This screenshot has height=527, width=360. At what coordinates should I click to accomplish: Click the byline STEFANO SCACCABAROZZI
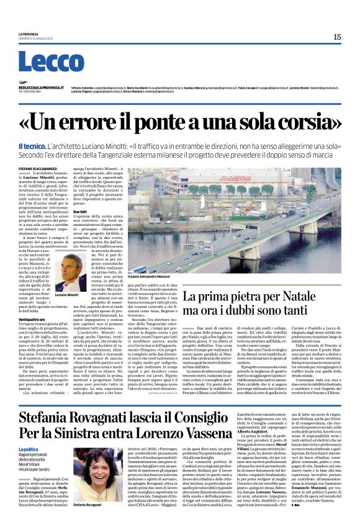point(42,168)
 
